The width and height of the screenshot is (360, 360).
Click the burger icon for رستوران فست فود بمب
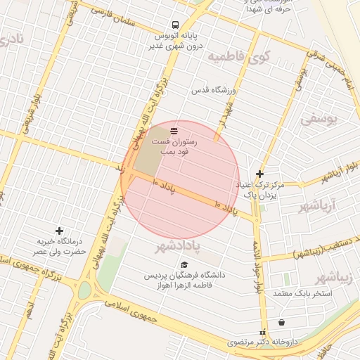point(174,130)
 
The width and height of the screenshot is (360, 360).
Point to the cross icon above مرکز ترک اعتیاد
point(260,174)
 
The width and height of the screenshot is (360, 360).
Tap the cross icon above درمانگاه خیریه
point(59,231)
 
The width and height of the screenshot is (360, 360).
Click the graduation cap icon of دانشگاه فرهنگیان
point(184,265)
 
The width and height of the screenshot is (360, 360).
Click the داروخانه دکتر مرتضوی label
point(263,342)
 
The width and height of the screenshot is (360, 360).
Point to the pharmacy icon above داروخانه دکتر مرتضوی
point(263,332)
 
